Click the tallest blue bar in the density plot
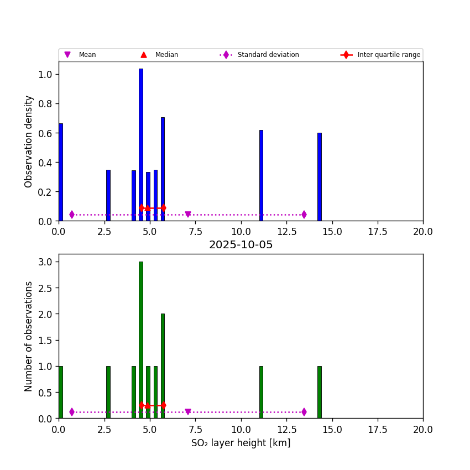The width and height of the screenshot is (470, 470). [x=140, y=144]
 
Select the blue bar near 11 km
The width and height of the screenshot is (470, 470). [x=261, y=175]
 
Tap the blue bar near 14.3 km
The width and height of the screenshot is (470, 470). [x=319, y=177]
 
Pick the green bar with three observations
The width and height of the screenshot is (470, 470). [x=140, y=337]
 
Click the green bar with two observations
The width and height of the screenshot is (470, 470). [x=163, y=365]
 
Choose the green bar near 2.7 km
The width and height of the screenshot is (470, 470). [x=108, y=391]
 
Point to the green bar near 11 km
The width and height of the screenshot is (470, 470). [x=261, y=391]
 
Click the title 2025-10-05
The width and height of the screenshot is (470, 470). [x=241, y=245]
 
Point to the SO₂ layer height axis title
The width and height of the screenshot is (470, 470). [x=241, y=443]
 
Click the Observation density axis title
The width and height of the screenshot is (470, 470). [x=29, y=141]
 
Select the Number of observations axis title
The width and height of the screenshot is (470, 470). [x=29, y=336]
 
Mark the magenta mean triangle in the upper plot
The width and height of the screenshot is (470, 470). [x=188, y=215]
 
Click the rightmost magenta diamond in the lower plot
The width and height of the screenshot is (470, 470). [x=304, y=412]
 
